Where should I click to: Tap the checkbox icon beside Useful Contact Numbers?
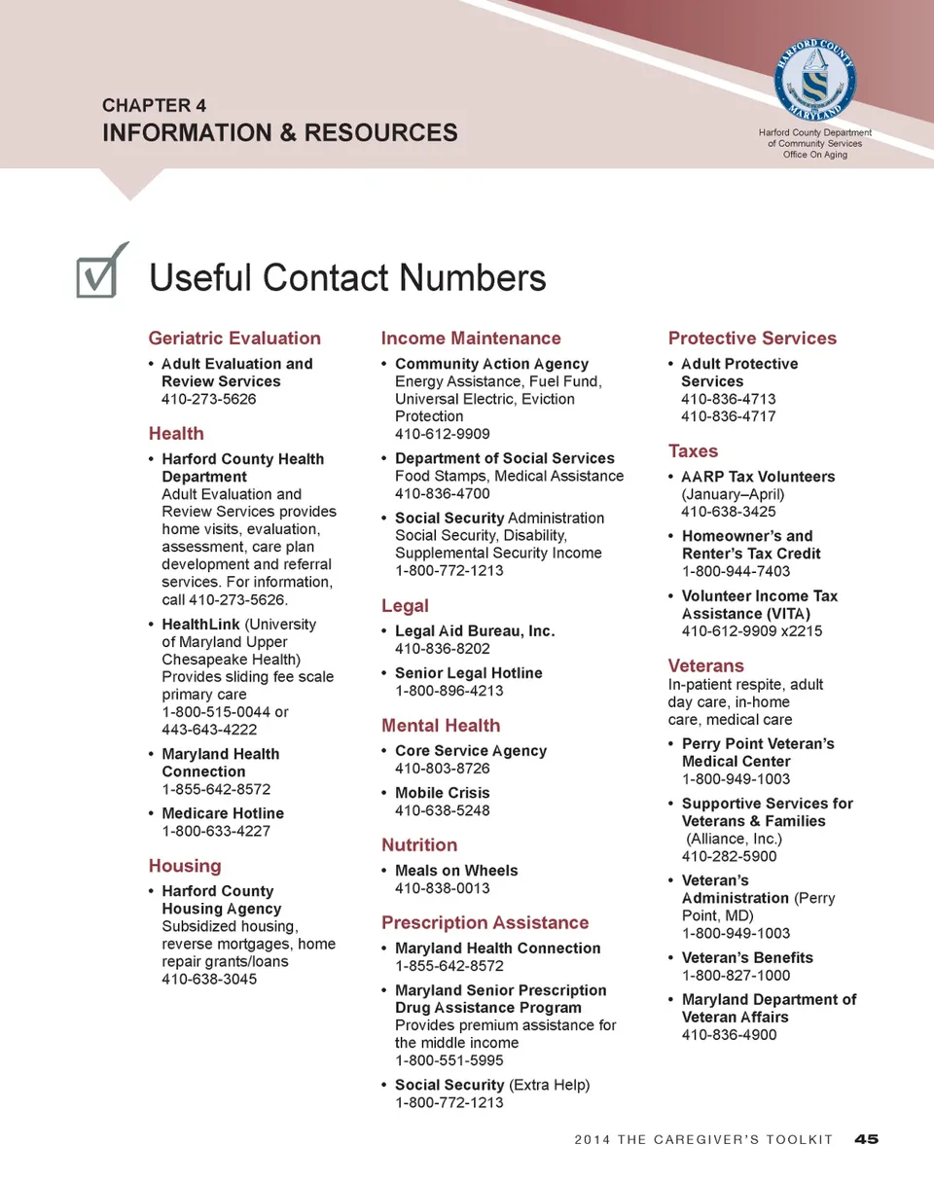click(100, 272)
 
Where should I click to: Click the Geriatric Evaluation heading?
click(233, 339)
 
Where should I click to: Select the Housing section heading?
click(185, 866)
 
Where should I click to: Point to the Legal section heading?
click(405, 606)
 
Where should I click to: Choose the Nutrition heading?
click(418, 844)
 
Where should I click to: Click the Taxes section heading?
click(693, 451)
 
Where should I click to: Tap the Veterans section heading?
click(705, 665)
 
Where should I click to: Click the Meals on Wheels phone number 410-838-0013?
click(442, 888)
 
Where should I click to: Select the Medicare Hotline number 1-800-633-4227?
click(215, 831)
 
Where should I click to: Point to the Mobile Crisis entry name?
click(442, 793)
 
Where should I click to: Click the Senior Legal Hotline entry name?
click(468, 673)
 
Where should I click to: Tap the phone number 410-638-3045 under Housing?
click(209, 979)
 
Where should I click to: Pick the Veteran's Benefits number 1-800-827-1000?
click(736, 975)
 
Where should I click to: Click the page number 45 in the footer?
click(866, 1139)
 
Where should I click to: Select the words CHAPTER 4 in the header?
click(154, 105)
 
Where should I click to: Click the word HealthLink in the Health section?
click(200, 625)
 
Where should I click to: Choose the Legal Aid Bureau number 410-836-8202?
click(442, 649)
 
